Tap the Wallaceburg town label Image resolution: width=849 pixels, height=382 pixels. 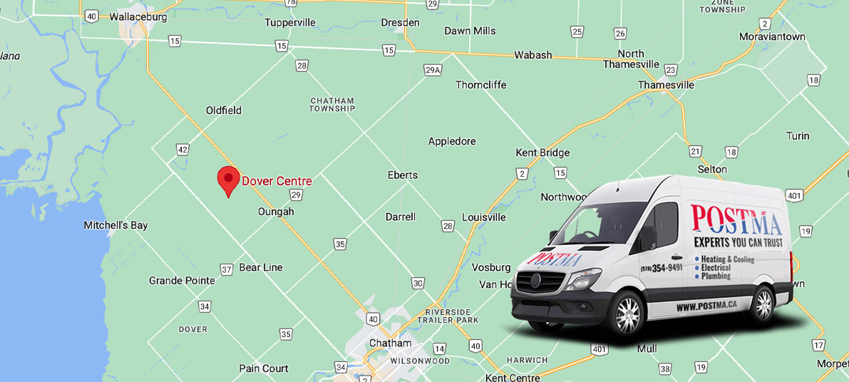click(138, 16)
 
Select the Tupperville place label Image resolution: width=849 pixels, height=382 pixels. click(289, 22)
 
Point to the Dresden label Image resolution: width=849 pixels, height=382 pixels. click(400, 22)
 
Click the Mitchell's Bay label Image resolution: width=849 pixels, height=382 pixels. click(115, 225)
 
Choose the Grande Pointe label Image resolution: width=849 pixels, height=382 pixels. click(182, 281)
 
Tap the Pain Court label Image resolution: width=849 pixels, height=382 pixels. click(264, 368)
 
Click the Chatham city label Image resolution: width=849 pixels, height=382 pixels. click(390, 343)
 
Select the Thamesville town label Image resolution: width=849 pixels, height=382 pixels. click(666, 85)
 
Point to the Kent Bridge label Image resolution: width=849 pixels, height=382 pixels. click(542, 153)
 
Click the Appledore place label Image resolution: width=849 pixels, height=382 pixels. click(452, 141)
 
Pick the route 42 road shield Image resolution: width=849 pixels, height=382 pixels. click(183, 150)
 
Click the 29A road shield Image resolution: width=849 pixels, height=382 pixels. click(433, 70)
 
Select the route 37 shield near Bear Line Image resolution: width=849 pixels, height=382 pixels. click(227, 269)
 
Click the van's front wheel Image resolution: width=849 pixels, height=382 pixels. click(627, 311)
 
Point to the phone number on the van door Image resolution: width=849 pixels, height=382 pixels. click(661, 268)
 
